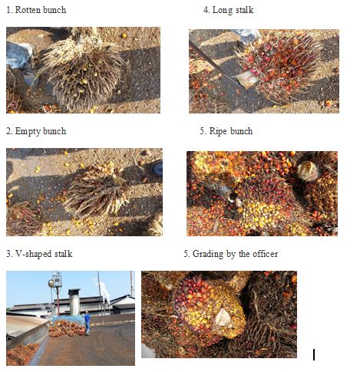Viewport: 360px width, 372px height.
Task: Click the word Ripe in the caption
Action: coord(221,131)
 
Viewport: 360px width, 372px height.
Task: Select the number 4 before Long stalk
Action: coord(206,11)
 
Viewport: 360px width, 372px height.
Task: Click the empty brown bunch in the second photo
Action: coord(92,188)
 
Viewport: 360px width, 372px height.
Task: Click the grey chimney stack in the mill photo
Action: coord(74,301)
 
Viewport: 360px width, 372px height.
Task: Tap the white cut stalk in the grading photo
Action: coord(222,317)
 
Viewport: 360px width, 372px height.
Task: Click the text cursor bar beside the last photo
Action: coord(314,354)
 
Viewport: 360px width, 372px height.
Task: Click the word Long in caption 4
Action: coord(221,11)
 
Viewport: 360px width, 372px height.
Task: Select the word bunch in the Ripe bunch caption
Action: coord(242,131)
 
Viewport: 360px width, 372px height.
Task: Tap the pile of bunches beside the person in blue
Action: coord(66,328)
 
